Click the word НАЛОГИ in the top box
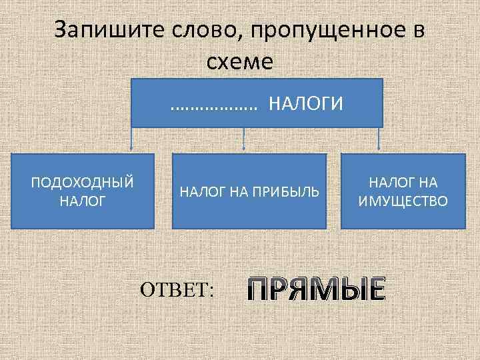[x=306, y=104]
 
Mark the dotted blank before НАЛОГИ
[x=214, y=105]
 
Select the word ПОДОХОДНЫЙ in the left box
[x=83, y=182]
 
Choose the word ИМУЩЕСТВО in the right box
[x=403, y=200]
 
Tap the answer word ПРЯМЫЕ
[x=316, y=289]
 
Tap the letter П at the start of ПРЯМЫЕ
[x=258, y=289]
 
